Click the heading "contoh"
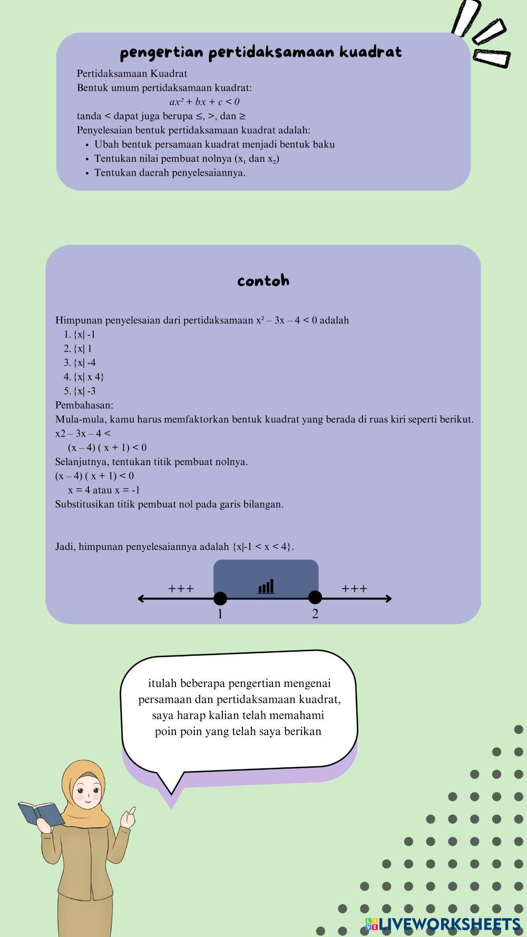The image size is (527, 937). (x=263, y=281)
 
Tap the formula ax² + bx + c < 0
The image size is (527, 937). (x=204, y=102)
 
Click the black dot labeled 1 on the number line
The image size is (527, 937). (x=220, y=598)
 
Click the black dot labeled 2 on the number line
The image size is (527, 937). (x=315, y=597)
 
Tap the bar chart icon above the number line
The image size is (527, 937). (x=266, y=586)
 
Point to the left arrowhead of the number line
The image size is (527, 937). (x=141, y=598)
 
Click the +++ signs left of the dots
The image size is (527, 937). (x=181, y=588)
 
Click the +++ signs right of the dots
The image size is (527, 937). (x=354, y=588)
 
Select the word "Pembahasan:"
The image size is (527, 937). (x=84, y=405)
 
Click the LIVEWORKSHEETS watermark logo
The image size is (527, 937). (x=443, y=924)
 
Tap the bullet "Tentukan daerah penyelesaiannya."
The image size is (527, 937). (x=170, y=172)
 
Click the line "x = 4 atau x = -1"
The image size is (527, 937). (x=104, y=490)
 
